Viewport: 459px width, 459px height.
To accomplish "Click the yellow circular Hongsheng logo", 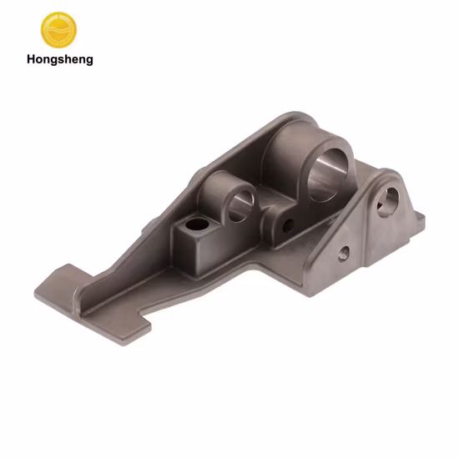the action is [58, 29].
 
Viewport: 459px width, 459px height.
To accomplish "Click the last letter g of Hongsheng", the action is [89, 62].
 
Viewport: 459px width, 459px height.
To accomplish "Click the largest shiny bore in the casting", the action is [327, 175].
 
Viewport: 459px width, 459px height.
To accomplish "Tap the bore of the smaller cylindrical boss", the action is [240, 206].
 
